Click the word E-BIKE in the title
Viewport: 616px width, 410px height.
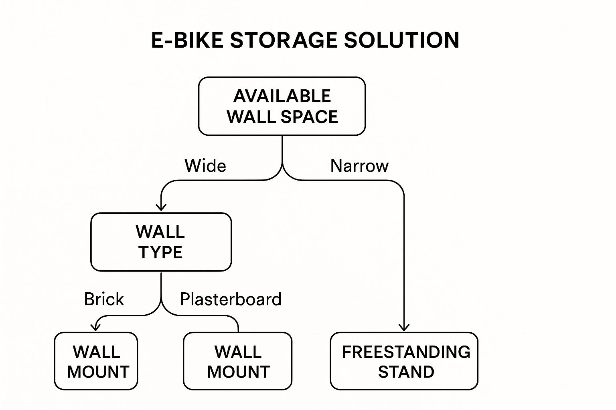tap(187, 40)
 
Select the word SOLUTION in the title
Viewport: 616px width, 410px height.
tap(401, 40)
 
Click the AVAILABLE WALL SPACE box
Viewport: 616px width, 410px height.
tap(282, 107)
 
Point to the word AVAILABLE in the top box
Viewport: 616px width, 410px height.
tap(282, 96)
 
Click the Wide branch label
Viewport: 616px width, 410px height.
tap(205, 166)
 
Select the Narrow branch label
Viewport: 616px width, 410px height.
tap(359, 166)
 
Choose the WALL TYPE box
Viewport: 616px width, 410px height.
tap(161, 242)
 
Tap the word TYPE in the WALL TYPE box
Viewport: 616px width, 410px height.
tap(160, 253)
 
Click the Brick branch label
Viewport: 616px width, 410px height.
tap(104, 299)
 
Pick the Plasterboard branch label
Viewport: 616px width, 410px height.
tap(231, 299)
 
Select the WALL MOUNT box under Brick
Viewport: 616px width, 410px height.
tap(96, 361)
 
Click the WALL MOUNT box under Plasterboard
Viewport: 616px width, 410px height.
tap(237, 361)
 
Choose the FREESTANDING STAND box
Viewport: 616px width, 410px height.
tap(404, 361)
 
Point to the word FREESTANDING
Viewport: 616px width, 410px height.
tap(406, 352)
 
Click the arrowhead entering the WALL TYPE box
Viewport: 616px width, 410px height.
tap(161, 207)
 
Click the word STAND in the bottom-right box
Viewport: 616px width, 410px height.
tap(406, 372)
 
